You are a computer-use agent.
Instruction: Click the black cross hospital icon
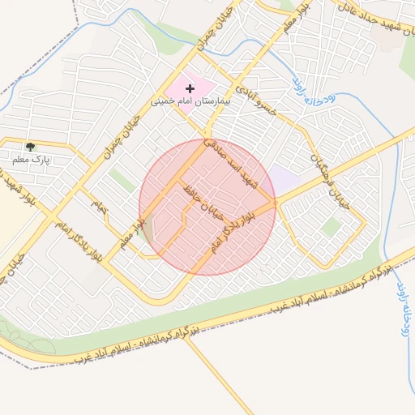[190, 87]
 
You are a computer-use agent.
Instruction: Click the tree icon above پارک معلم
[31, 147]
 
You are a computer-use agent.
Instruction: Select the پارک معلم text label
[30, 160]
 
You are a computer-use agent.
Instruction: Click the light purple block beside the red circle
[283, 180]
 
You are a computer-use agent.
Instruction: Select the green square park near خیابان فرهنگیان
[329, 228]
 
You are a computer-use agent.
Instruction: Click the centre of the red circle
[207, 207]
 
